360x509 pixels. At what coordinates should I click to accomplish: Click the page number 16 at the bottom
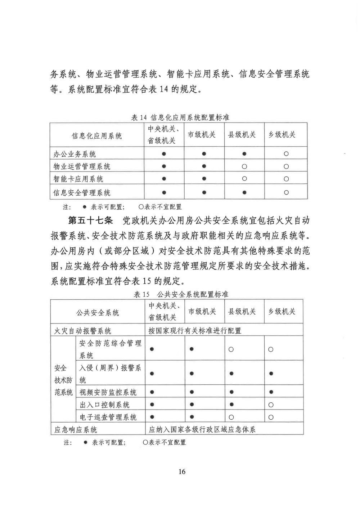(x=181, y=472)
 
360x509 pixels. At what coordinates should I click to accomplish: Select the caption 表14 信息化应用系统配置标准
(x=180, y=117)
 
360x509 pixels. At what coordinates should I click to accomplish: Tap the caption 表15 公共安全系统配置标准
(x=181, y=294)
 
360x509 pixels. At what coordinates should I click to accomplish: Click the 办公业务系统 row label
(x=75, y=154)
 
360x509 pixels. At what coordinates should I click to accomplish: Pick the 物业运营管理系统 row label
(x=82, y=166)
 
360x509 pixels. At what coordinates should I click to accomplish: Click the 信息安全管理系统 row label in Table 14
(x=82, y=193)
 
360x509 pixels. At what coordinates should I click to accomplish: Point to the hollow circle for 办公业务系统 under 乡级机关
(x=286, y=154)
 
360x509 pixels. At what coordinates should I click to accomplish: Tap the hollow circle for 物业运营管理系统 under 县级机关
(x=244, y=166)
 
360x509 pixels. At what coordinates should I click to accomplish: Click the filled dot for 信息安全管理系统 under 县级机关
(x=244, y=192)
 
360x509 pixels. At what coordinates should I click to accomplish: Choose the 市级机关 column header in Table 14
(x=202, y=134)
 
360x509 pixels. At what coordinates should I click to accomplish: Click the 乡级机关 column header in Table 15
(x=282, y=312)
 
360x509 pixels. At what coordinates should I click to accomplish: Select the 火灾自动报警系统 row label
(x=83, y=331)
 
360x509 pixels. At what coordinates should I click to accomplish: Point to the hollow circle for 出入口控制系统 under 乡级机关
(x=271, y=405)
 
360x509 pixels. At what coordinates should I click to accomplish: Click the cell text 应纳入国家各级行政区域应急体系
(x=202, y=429)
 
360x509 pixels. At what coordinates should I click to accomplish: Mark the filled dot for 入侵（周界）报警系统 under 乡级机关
(x=271, y=374)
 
